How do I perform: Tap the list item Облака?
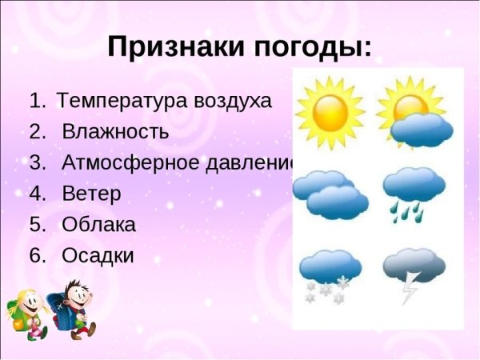[98, 225]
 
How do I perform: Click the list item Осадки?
[98, 256]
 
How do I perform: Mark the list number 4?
[37, 194]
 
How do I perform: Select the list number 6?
[37, 256]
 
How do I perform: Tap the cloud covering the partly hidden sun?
[422, 130]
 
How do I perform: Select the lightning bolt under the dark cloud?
[410, 290]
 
